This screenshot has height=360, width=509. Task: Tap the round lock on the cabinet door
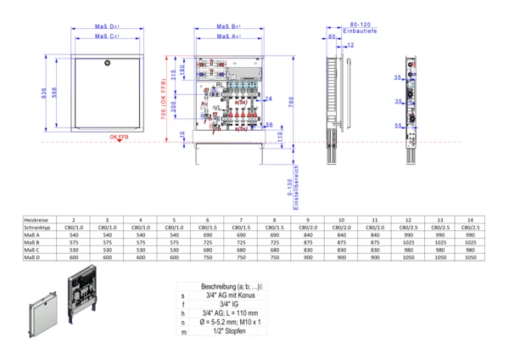tap(107, 65)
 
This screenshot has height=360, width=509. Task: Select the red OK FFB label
tap(118, 137)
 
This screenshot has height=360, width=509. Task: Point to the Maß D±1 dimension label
tap(106, 29)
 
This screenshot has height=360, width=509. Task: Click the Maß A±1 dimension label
tap(224, 37)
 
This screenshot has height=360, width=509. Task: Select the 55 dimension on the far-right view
tap(396, 127)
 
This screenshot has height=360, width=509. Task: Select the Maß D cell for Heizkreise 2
tap(73, 258)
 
